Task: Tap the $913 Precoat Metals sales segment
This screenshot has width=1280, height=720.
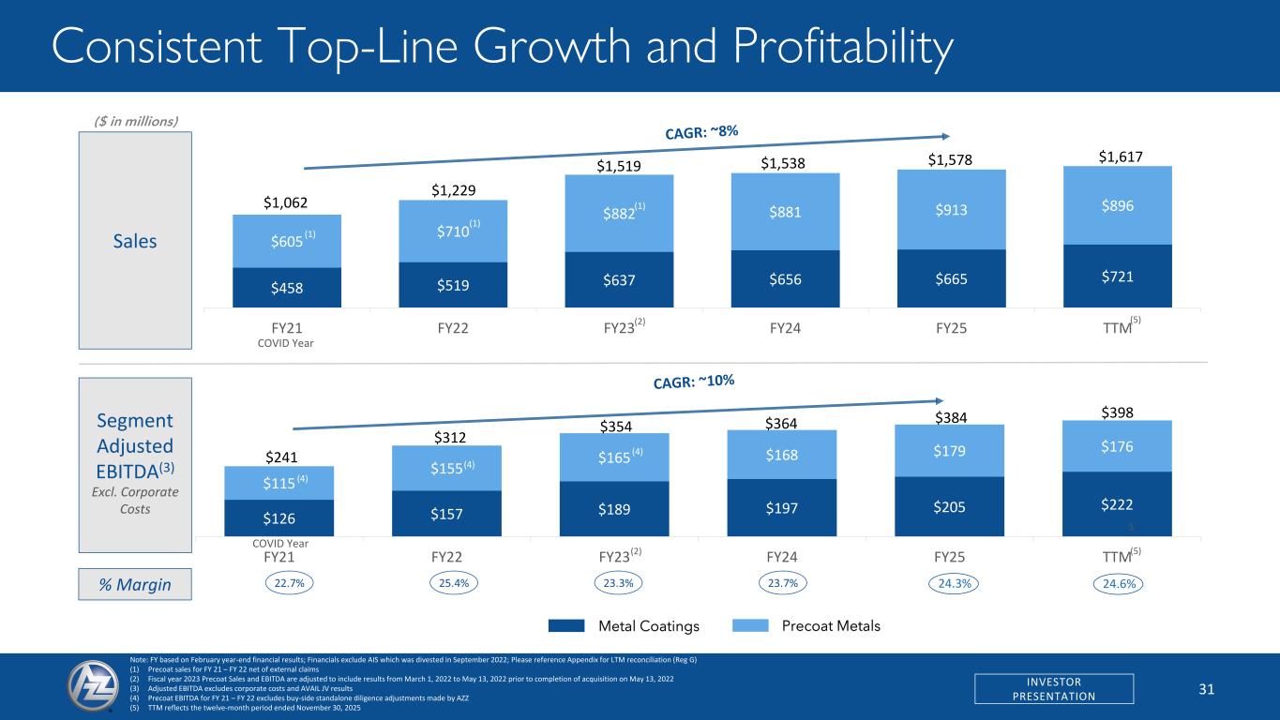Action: coord(951,210)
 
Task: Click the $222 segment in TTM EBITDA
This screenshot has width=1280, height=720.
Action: coord(1118,502)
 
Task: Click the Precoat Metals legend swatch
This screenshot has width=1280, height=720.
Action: coord(747,625)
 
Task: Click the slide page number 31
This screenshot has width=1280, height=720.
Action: coord(1207,689)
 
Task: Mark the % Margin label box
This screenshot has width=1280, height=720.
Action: coord(136,585)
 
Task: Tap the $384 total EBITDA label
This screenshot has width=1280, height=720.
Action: coord(950,415)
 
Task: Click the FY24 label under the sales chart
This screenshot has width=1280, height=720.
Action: coord(785,327)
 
